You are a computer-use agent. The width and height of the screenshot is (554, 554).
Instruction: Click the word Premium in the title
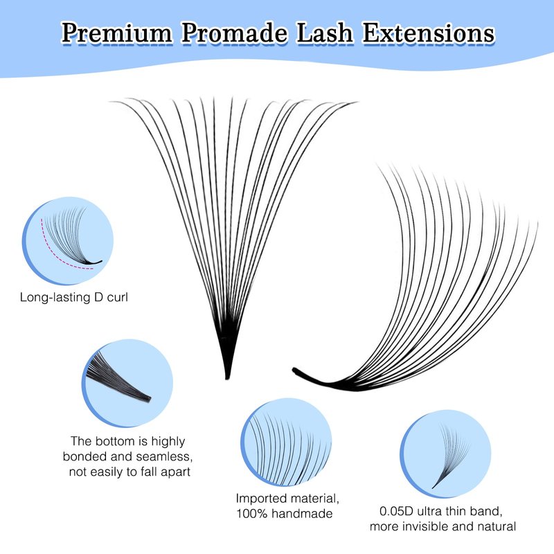pyautogui.click(x=117, y=33)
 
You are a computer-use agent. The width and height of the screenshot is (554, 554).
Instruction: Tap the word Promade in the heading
pyautogui.click(x=235, y=33)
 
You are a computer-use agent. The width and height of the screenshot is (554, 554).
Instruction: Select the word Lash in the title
pyautogui.click(x=325, y=33)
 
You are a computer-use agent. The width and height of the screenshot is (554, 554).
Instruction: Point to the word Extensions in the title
pyautogui.click(x=429, y=33)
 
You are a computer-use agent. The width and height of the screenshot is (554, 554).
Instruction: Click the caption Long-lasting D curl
pyautogui.click(x=74, y=297)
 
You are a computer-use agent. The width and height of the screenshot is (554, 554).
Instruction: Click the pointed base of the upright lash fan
pyautogui.click(x=227, y=377)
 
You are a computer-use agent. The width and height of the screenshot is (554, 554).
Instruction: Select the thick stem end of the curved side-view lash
pyautogui.click(x=295, y=370)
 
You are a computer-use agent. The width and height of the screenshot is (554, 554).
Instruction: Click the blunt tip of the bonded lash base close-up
pyautogui.click(x=149, y=399)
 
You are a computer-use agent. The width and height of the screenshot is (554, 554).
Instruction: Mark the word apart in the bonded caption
pyautogui.click(x=176, y=472)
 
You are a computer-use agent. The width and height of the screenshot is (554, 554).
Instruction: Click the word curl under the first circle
pyautogui.click(x=117, y=297)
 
